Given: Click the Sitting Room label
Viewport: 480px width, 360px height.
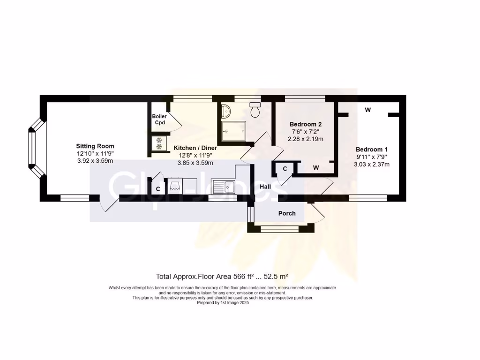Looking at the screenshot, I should point(96,146).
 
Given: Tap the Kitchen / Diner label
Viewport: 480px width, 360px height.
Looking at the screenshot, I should point(195,148).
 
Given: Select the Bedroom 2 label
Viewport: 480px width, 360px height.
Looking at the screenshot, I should point(306,124).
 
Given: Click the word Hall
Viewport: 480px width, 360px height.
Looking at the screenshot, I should point(266,187).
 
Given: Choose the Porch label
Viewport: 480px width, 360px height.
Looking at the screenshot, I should point(287,213).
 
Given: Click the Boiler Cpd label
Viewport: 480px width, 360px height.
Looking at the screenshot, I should point(159,120).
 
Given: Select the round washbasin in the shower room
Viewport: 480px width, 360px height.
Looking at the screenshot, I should point(225,111).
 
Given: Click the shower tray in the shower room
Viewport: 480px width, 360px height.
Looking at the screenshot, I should point(232,132).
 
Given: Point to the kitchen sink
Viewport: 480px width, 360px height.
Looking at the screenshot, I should point(223,186).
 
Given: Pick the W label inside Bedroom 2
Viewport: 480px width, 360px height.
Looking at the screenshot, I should point(316,167).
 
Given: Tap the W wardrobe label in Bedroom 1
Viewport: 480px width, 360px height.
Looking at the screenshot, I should point(368,110).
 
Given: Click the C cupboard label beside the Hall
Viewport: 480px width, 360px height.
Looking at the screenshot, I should point(284,169).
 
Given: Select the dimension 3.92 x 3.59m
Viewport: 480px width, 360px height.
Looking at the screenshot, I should point(95,161).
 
